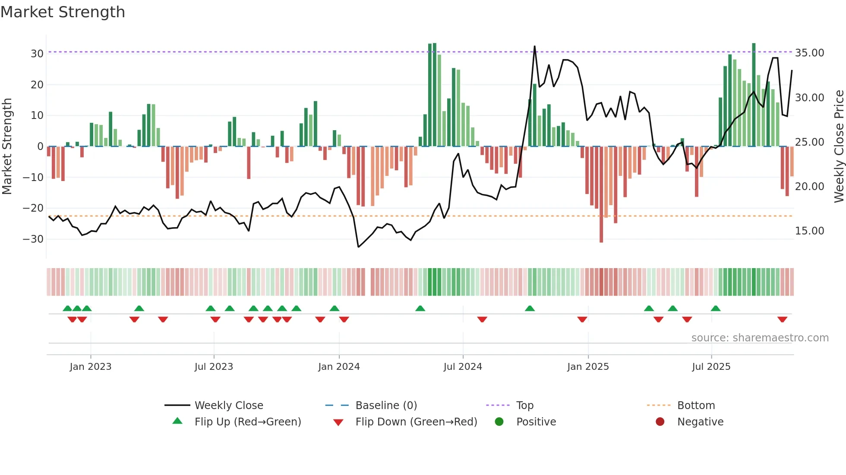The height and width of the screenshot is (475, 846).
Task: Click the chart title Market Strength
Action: tap(63, 12)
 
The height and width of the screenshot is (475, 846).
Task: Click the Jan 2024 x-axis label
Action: tap(339, 367)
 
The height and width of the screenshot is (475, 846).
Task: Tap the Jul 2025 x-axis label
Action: tap(711, 367)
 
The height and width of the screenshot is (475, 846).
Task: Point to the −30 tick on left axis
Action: tap(33, 239)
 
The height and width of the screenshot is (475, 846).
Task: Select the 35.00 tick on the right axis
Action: tap(809, 53)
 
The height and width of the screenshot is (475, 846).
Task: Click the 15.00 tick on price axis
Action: tap(809, 231)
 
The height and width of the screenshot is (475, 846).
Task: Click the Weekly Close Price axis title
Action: tap(839, 147)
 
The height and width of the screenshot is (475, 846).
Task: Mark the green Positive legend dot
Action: tap(499, 422)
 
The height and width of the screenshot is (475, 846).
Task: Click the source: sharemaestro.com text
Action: tap(760, 338)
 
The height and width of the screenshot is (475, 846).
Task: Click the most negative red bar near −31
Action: tap(601, 194)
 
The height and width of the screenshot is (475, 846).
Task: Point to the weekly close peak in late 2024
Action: tap(534, 47)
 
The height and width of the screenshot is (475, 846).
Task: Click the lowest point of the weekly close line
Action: tap(358, 247)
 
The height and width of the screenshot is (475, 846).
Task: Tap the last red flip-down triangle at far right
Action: tap(782, 319)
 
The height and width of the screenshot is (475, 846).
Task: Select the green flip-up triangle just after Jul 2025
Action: tap(715, 308)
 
